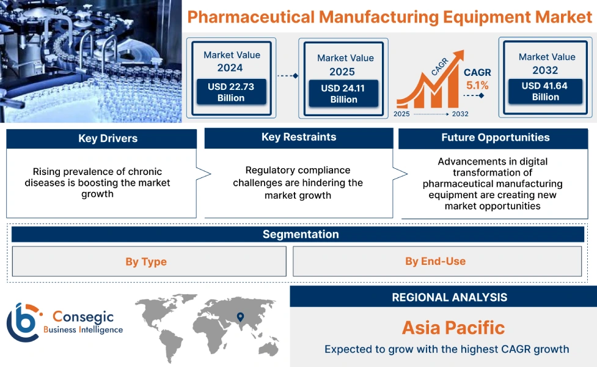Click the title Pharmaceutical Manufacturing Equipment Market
390,16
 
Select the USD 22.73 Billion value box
231,92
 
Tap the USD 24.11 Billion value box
344,94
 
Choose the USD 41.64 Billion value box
544,91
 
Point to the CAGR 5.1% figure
477,80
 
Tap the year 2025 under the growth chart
402,114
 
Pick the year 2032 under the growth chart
460,114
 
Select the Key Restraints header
298,138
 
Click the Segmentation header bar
300,234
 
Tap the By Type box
146,262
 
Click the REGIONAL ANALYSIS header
449,298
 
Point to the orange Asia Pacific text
453,328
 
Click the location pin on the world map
240,317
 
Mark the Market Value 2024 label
231,61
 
